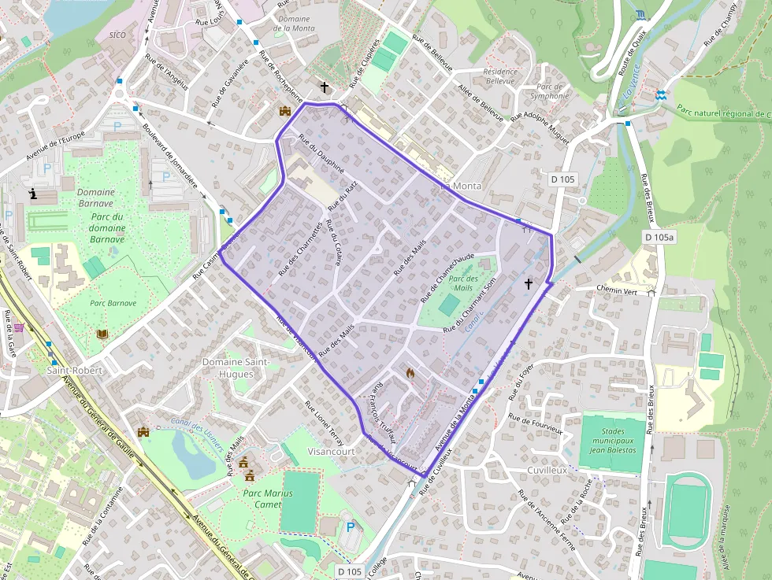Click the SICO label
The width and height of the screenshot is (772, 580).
point(117,35)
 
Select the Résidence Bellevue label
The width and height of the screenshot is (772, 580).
point(500,76)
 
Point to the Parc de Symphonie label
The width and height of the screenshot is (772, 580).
point(549,91)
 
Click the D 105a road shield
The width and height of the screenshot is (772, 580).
point(659,237)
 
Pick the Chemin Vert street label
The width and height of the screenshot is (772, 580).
point(618,290)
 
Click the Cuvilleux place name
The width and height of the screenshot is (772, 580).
point(547,470)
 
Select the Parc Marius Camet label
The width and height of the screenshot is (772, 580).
point(268,499)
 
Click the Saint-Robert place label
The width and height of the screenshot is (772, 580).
point(75,369)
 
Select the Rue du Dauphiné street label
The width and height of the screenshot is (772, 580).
point(321,153)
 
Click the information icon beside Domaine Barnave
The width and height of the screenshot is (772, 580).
point(33,193)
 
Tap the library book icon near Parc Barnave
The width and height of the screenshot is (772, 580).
point(102,334)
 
